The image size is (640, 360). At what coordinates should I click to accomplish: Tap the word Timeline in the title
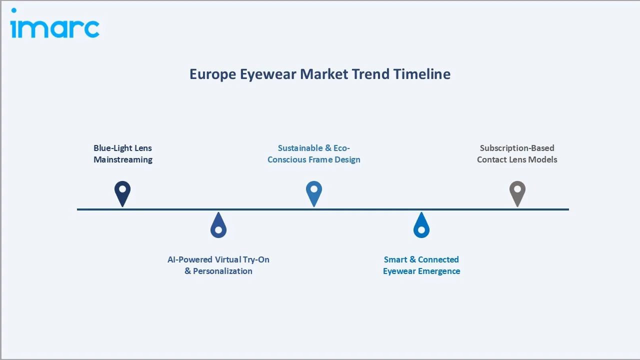[x=422, y=74]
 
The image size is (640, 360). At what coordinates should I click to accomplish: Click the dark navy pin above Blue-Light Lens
[x=122, y=192]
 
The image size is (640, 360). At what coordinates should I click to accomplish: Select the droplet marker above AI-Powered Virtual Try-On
[x=218, y=226]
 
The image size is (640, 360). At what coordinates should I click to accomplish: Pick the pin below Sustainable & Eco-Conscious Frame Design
[x=314, y=192]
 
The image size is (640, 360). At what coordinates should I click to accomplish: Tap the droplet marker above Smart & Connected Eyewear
[x=421, y=226]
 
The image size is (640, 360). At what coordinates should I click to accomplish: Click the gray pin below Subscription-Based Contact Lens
[x=517, y=192]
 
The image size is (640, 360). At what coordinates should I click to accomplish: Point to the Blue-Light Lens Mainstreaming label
[x=123, y=154]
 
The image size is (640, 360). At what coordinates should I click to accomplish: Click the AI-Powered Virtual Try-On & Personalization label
[x=218, y=265]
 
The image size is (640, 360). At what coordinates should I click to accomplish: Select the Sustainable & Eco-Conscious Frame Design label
[x=314, y=154]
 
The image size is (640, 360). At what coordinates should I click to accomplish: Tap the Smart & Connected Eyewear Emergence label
[x=421, y=265]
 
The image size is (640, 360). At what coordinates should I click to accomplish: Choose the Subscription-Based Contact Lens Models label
[x=517, y=154]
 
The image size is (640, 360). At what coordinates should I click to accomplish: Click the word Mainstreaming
[x=123, y=160]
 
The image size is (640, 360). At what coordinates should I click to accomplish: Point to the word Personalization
[x=222, y=271]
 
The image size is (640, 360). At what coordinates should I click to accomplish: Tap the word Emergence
[x=439, y=271]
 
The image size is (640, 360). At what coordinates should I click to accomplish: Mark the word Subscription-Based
[x=517, y=148]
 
